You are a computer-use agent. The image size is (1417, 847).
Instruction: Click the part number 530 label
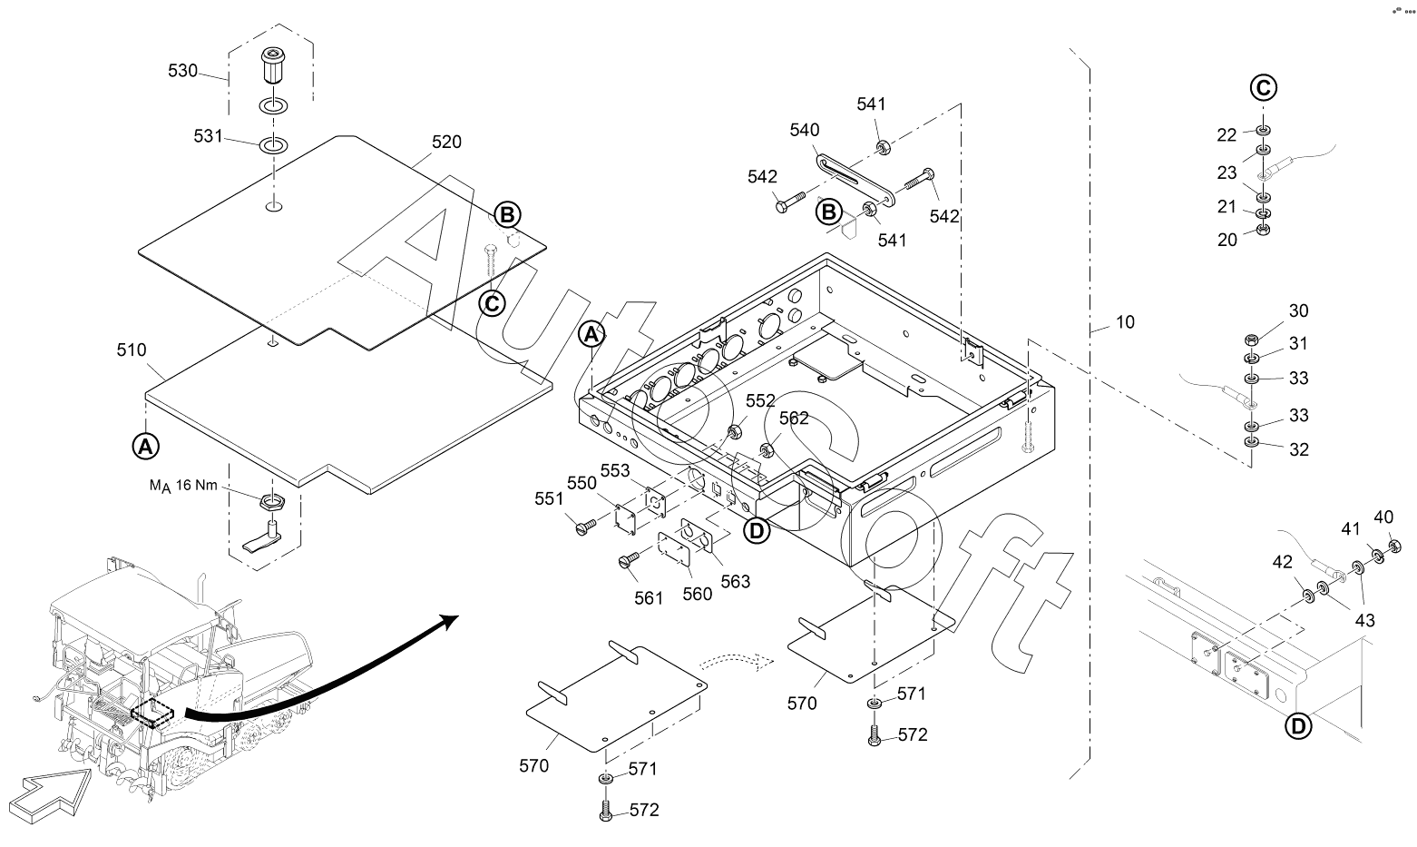click(182, 70)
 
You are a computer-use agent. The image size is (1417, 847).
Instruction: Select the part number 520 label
click(446, 142)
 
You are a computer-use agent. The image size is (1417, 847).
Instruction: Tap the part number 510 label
click(132, 350)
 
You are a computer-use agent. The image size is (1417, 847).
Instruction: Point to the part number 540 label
click(804, 130)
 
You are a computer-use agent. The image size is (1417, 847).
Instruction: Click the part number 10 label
click(1125, 322)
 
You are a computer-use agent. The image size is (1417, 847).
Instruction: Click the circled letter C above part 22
click(1264, 88)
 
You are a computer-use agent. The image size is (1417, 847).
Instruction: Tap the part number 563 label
click(736, 582)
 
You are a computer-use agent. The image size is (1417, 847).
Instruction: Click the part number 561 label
click(649, 597)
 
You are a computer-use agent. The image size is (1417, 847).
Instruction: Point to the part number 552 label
click(760, 400)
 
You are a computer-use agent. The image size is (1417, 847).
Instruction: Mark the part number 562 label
click(794, 419)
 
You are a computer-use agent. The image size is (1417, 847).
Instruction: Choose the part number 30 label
click(1299, 310)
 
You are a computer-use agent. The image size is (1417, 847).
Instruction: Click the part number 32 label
click(1299, 448)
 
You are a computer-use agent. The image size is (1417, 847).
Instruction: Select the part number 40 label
click(1383, 517)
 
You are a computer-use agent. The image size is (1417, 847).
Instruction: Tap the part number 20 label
click(1227, 240)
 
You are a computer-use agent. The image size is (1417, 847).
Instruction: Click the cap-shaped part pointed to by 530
click(272, 64)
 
